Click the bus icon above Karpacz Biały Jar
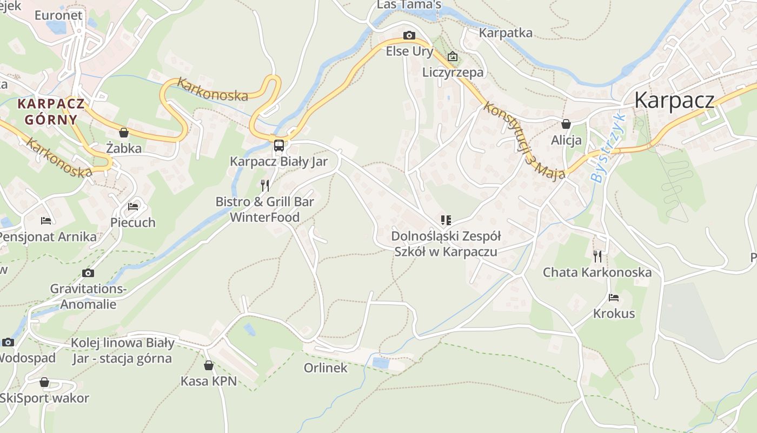tap(279, 145)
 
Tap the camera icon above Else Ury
tap(409, 36)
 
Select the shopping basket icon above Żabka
tap(124, 133)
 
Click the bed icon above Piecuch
tap(133, 206)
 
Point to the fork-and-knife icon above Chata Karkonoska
tap(597, 256)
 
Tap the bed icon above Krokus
tap(614, 297)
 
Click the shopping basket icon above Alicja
tap(566, 124)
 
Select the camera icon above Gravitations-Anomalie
tap(88, 273)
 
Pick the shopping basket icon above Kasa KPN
tap(209, 365)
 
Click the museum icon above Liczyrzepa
tap(453, 56)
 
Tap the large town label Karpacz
tap(674, 100)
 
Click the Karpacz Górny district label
tap(51, 111)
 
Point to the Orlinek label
tap(326, 368)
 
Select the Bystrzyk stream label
tap(608, 148)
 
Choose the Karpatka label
tap(506, 33)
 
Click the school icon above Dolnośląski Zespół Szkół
tap(446, 220)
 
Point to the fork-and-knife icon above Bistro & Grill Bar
tap(265, 186)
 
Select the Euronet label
tap(58, 15)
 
